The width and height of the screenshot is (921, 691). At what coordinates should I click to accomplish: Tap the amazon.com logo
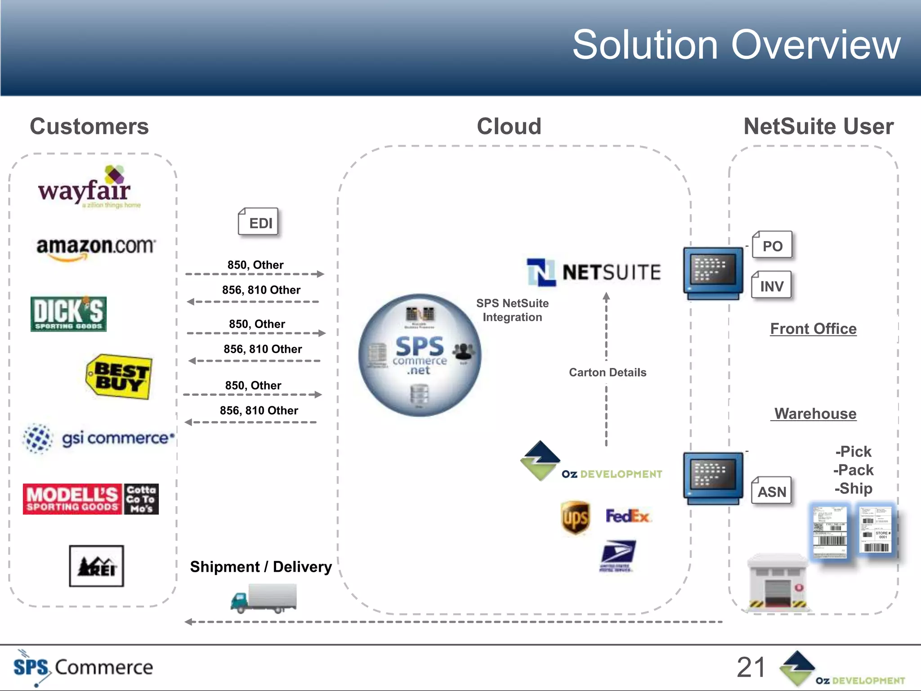pyautogui.click(x=96, y=248)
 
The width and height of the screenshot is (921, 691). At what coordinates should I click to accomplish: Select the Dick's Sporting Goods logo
pyautogui.click(x=68, y=314)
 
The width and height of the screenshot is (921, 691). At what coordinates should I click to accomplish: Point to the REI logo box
pyautogui.click(x=96, y=566)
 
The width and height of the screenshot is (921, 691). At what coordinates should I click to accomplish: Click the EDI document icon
pyautogui.click(x=259, y=222)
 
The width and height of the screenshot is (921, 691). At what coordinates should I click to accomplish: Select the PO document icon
pyautogui.click(x=772, y=245)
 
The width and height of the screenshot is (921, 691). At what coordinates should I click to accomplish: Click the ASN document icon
pyautogui.click(x=772, y=491)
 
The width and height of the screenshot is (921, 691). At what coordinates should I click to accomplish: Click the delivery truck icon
pyautogui.click(x=264, y=598)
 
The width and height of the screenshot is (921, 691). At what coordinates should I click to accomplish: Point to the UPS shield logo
pyautogui.click(x=575, y=517)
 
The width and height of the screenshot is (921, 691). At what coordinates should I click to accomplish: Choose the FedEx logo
pyautogui.click(x=628, y=516)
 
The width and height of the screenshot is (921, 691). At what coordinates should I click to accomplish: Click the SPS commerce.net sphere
pyautogui.click(x=420, y=355)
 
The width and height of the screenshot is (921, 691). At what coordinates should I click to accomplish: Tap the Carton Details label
pyautogui.click(x=607, y=372)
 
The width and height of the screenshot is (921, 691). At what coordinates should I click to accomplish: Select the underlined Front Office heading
pyautogui.click(x=813, y=329)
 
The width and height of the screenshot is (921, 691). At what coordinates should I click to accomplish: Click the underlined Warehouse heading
pyautogui.click(x=814, y=413)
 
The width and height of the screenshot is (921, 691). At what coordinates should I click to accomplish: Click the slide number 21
pyautogui.click(x=751, y=667)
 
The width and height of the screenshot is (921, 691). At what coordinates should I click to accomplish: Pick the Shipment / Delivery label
pyautogui.click(x=261, y=567)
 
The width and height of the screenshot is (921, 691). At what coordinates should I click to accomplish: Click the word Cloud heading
pyautogui.click(x=509, y=126)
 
